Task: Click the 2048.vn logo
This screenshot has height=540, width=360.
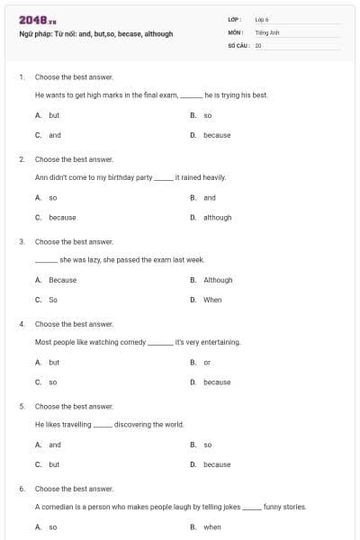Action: pyautogui.click(x=35, y=20)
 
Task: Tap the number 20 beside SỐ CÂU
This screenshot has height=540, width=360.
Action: pyautogui.click(x=258, y=45)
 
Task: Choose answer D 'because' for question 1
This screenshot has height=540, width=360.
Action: pyautogui.click(x=217, y=135)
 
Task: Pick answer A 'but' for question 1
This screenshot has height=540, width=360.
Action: pyautogui.click(x=54, y=115)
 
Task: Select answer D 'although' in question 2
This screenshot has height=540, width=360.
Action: pyautogui.click(x=217, y=217)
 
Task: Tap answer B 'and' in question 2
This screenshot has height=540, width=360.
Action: pyautogui.click(x=210, y=197)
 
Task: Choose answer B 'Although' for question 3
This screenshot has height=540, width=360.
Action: pyautogui.click(x=218, y=280)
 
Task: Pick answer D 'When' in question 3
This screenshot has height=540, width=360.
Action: pyautogui.click(x=212, y=300)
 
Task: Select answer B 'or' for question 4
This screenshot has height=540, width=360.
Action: pyautogui.click(x=207, y=362)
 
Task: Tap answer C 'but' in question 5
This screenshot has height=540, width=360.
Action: pyautogui.click(x=54, y=464)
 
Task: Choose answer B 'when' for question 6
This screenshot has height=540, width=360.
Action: pyautogui.click(x=212, y=527)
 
